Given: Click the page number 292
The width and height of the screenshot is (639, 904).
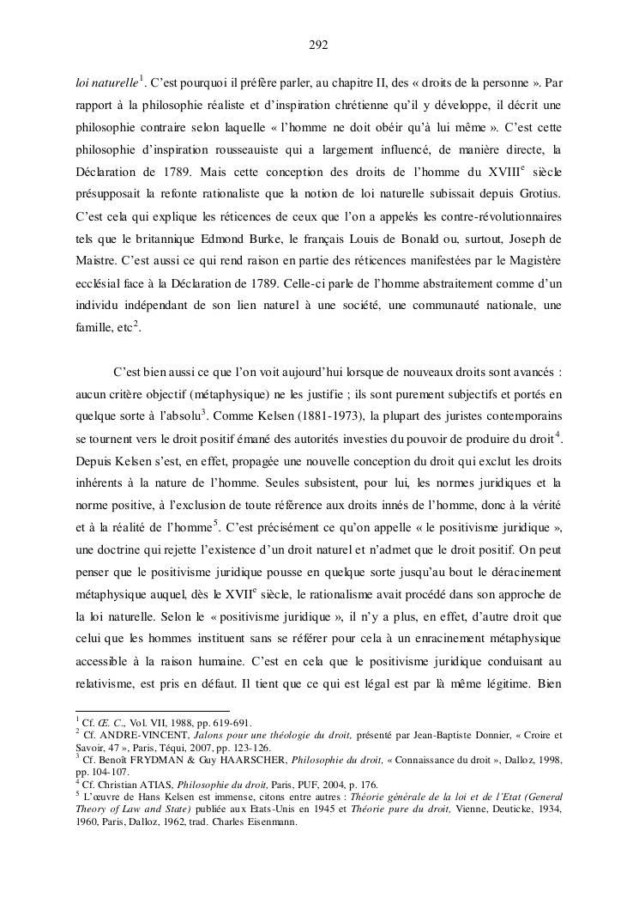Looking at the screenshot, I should [x=319, y=45].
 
